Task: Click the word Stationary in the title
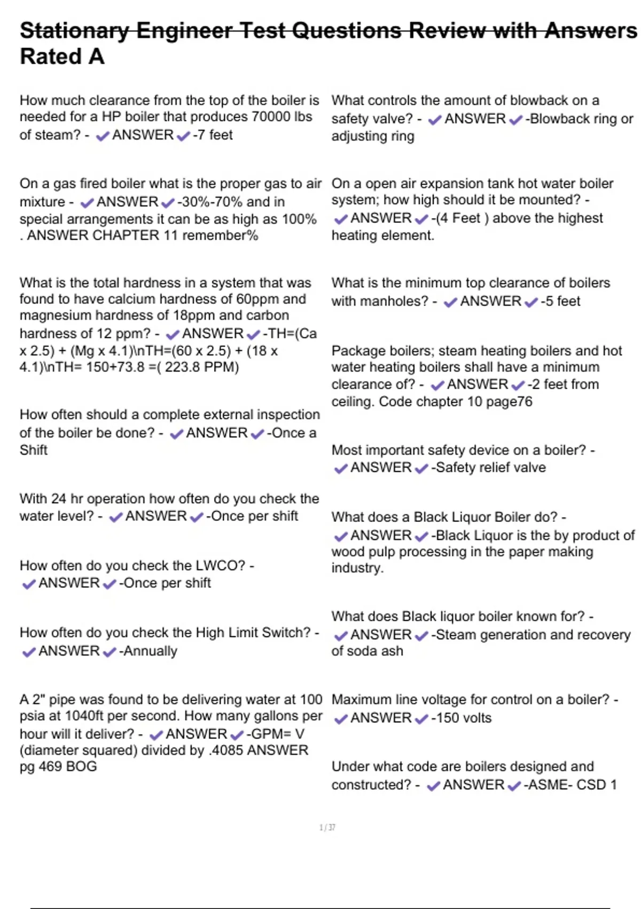(74, 30)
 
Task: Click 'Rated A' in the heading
(62, 57)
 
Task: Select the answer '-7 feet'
(213, 135)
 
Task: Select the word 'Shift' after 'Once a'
(34, 450)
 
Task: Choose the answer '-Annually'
(148, 651)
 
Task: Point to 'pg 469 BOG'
(58, 766)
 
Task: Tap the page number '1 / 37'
(327, 828)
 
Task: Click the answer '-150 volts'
(462, 718)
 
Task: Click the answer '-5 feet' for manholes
(560, 301)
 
